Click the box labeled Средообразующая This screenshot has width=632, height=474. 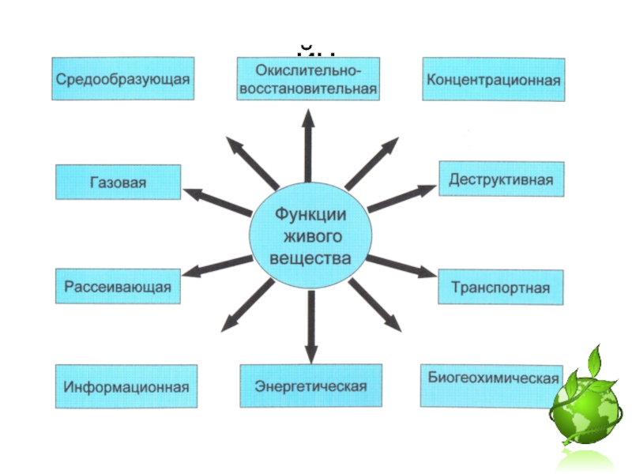tap(123, 78)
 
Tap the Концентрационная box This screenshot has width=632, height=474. tap(494, 79)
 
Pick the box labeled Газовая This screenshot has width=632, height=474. tap(118, 182)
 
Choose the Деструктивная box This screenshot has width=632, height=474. tap(502, 179)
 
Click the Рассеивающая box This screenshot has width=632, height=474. tap(118, 286)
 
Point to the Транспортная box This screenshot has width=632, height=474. tap(501, 286)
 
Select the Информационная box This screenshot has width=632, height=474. tap(126, 387)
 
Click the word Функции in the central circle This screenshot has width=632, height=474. tap(310, 214)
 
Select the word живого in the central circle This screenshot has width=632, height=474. tap(310, 236)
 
